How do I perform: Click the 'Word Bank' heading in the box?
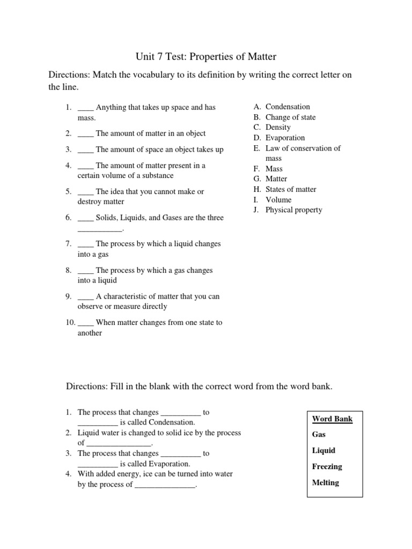click(x=332, y=419)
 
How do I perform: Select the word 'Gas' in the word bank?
click(x=319, y=435)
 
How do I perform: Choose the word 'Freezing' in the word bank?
click(x=327, y=466)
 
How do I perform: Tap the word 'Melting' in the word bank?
click(x=325, y=483)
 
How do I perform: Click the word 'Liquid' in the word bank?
click(x=323, y=450)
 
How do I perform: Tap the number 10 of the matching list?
click(x=70, y=323)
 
